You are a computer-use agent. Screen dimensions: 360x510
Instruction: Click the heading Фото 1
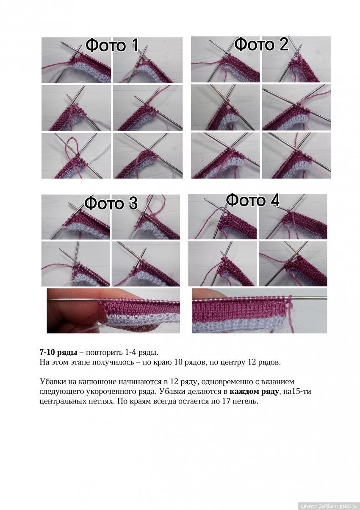pos(112,45)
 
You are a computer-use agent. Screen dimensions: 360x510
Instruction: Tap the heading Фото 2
pos(261,44)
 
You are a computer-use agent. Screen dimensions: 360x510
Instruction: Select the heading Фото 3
pos(111,203)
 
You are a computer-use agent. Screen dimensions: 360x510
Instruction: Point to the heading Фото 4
pos(253,201)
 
